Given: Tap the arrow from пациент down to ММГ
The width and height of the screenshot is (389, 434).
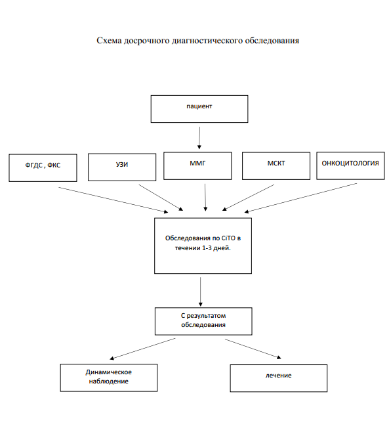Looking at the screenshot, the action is point(199,138).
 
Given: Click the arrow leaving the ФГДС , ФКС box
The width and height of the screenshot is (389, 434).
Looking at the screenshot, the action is point(113,200).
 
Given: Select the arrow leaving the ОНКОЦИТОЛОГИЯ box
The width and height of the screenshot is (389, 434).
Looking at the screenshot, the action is point(300,198).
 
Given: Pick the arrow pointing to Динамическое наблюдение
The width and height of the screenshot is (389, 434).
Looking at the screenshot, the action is point(142,349).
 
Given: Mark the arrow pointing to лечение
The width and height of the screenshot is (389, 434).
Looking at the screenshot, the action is point(253,349).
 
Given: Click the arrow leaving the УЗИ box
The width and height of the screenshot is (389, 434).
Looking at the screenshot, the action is point(161,198).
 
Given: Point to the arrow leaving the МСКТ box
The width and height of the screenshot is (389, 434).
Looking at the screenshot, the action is point(248,198).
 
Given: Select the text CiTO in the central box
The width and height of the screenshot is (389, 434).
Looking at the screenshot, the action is point(228,238).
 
